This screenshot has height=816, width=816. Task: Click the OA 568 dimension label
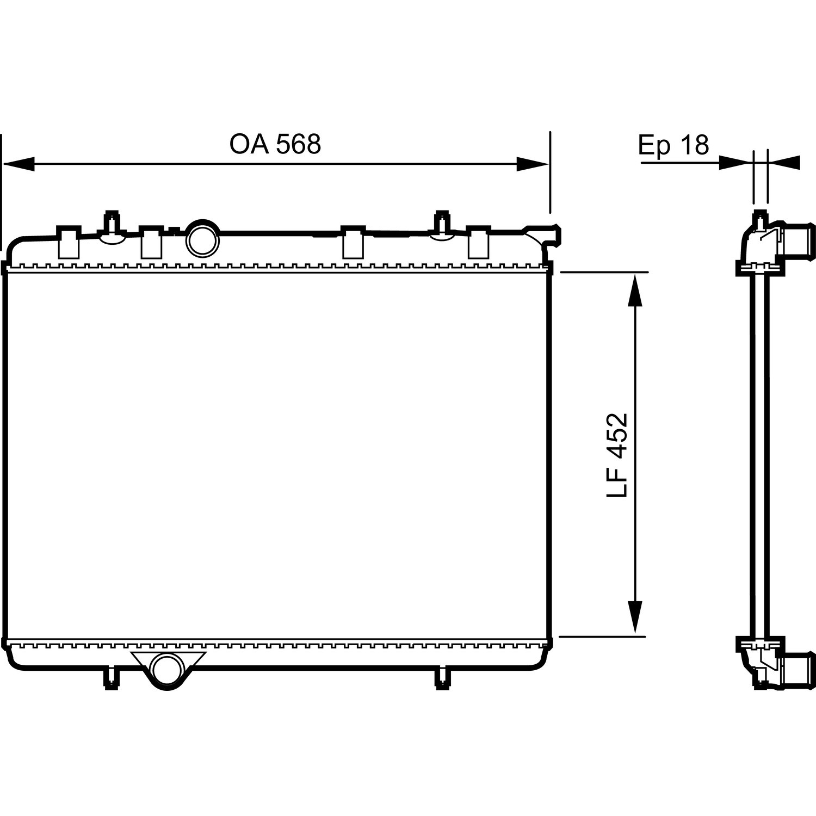tap(275, 144)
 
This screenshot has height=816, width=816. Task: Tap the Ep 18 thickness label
tap(673, 145)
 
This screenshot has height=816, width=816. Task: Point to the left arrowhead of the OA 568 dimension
tap(18, 164)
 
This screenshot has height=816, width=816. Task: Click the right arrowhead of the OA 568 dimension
tap(533, 164)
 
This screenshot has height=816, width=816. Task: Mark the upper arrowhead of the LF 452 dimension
tap(634, 289)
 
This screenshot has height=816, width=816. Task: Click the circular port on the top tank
tap(203, 238)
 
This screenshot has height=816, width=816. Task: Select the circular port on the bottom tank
tap(166, 670)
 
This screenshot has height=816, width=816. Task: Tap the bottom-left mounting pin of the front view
tap(112, 678)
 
